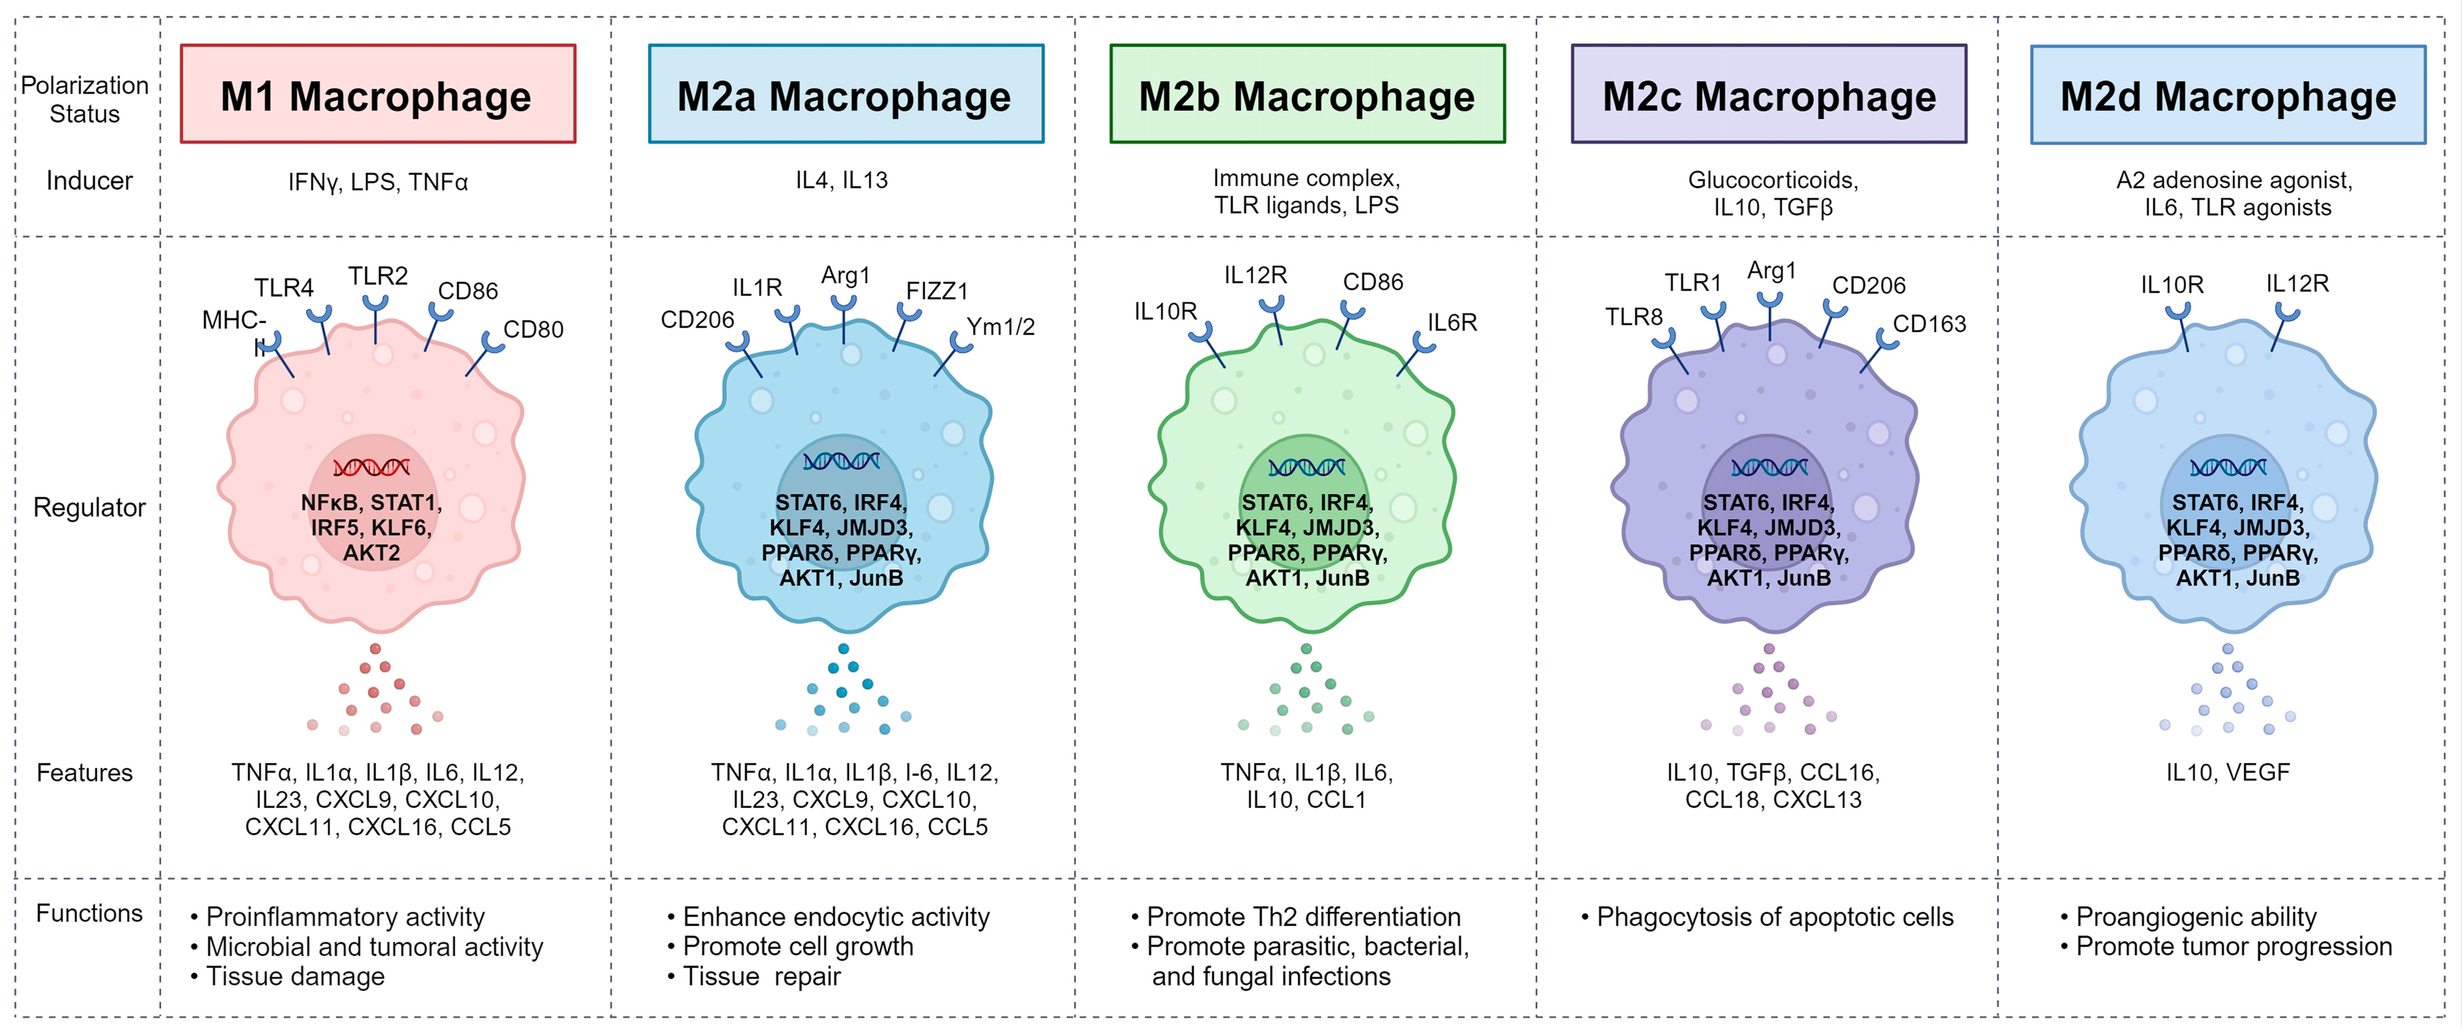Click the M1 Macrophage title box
[x=378, y=94]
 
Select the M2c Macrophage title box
[x=1768, y=94]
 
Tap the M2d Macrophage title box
[x=2228, y=94]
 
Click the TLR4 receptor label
[x=284, y=288]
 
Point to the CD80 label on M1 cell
[x=533, y=329]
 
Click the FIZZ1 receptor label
[x=936, y=291]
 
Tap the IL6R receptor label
[x=1452, y=322]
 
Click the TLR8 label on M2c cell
[x=1634, y=317]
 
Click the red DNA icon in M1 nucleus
[x=371, y=467]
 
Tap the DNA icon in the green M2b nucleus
[x=1307, y=467]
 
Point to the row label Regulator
[x=89, y=507]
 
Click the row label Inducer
[x=89, y=181]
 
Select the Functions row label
[x=89, y=914]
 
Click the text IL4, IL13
[x=842, y=180]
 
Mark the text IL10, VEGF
[x=2228, y=772]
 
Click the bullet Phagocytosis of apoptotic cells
[x=1774, y=917]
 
